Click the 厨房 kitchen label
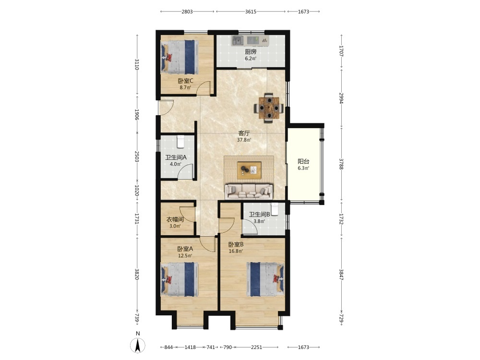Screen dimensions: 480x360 [x=251, y=52]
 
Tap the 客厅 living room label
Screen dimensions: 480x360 [x=244, y=133]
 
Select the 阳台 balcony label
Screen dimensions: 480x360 [x=303, y=161]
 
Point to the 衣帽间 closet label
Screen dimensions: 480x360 [x=175, y=219]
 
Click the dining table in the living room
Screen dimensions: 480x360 [x=269, y=108]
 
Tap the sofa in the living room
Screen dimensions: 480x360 [x=249, y=192]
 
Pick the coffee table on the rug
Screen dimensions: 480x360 [x=249, y=170]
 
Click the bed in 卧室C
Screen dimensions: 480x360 [x=180, y=57]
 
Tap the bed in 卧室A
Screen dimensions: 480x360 [x=180, y=279]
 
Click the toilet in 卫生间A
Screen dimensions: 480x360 [x=180, y=141]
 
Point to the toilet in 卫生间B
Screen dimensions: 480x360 [x=275, y=209]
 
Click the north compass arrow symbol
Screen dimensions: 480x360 [x=138, y=346]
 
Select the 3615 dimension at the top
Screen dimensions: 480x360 [x=251, y=12]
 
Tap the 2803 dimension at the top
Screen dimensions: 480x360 [x=187, y=12]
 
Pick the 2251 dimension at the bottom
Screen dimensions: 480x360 [x=256, y=347]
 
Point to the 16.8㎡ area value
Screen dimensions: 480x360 [x=236, y=252]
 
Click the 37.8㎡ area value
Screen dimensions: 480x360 [x=244, y=140]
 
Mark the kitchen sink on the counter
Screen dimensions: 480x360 [x=237, y=40]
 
